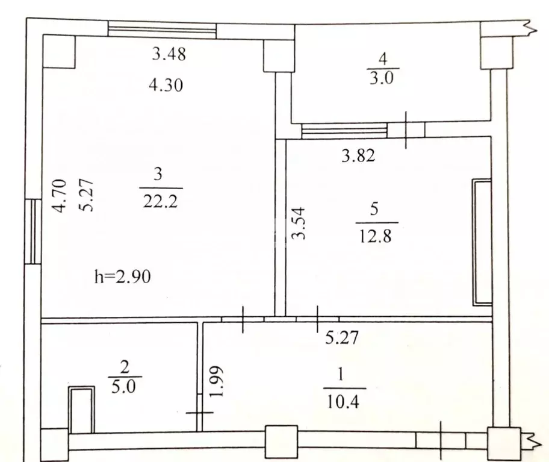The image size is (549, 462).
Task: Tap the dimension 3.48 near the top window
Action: click(169, 55)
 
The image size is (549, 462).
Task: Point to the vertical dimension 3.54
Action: click(300, 223)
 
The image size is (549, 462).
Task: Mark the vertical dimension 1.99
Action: click(217, 381)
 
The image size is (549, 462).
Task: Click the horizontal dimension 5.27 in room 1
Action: click(342, 338)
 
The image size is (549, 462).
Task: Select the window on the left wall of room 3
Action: click(34, 231)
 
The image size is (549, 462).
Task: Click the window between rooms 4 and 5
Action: click(344, 130)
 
